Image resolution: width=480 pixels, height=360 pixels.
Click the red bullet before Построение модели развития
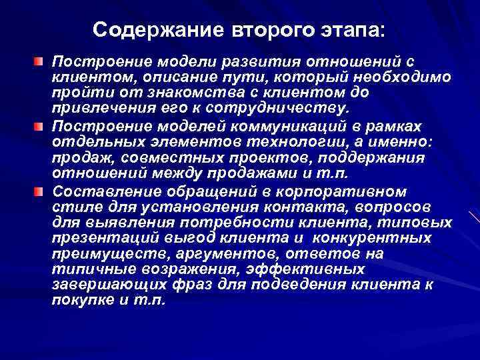[x=40, y=62]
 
